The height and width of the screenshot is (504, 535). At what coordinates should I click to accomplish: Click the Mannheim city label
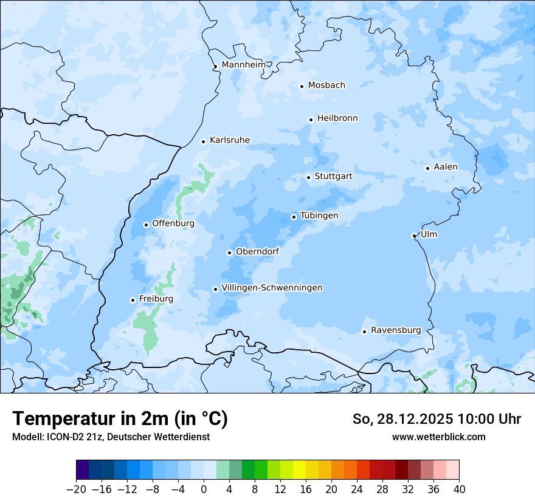click(243, 64)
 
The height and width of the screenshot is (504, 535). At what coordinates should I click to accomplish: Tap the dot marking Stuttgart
click(308, 177)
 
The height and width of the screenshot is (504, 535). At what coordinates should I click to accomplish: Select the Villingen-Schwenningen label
click(272, 288)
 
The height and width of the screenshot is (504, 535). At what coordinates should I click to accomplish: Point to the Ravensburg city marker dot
click(364, 332)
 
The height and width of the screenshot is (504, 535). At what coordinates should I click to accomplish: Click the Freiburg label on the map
click(156, 299)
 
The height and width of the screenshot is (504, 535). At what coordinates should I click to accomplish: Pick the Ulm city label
click(429, 234)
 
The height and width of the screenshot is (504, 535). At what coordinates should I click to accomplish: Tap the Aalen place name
click(446, 167)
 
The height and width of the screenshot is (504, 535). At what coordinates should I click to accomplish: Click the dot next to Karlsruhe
click(204, 141)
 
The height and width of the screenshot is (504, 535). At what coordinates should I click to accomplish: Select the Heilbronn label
click(337, 118)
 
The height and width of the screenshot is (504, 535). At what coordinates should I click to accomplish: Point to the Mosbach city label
click(326, 85)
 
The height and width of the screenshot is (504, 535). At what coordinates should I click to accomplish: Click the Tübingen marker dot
click(294, 217)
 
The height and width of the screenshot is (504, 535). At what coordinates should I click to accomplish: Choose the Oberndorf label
click(257, 251)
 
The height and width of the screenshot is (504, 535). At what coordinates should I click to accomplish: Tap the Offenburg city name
click(173, 223)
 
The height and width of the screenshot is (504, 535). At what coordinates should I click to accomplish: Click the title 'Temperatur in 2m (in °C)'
click(120, 419)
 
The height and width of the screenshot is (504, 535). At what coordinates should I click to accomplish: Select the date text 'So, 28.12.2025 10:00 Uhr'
click(437, 420)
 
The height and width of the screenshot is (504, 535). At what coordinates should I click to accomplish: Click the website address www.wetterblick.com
click(438, 437)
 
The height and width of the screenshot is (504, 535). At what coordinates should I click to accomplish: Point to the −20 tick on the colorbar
click(76, 489)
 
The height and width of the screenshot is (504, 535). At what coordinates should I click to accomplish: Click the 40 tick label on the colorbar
click(459, 489)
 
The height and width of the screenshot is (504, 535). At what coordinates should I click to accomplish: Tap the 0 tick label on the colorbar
click(204, 489)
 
